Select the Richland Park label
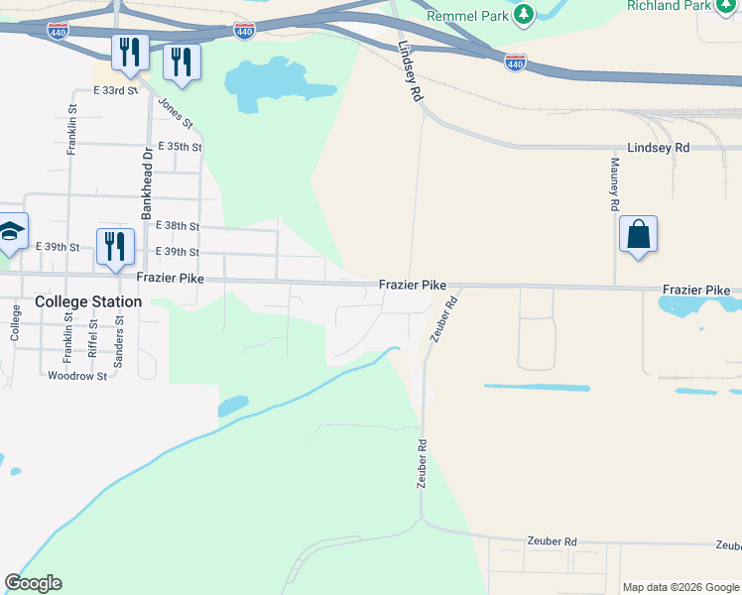669,5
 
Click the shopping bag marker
639,235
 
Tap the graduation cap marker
10,232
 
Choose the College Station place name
87,301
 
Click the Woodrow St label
76,376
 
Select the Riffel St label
92,337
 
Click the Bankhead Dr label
147,182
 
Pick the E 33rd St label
115,90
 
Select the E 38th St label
179,226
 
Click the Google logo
33,583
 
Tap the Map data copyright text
680,587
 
